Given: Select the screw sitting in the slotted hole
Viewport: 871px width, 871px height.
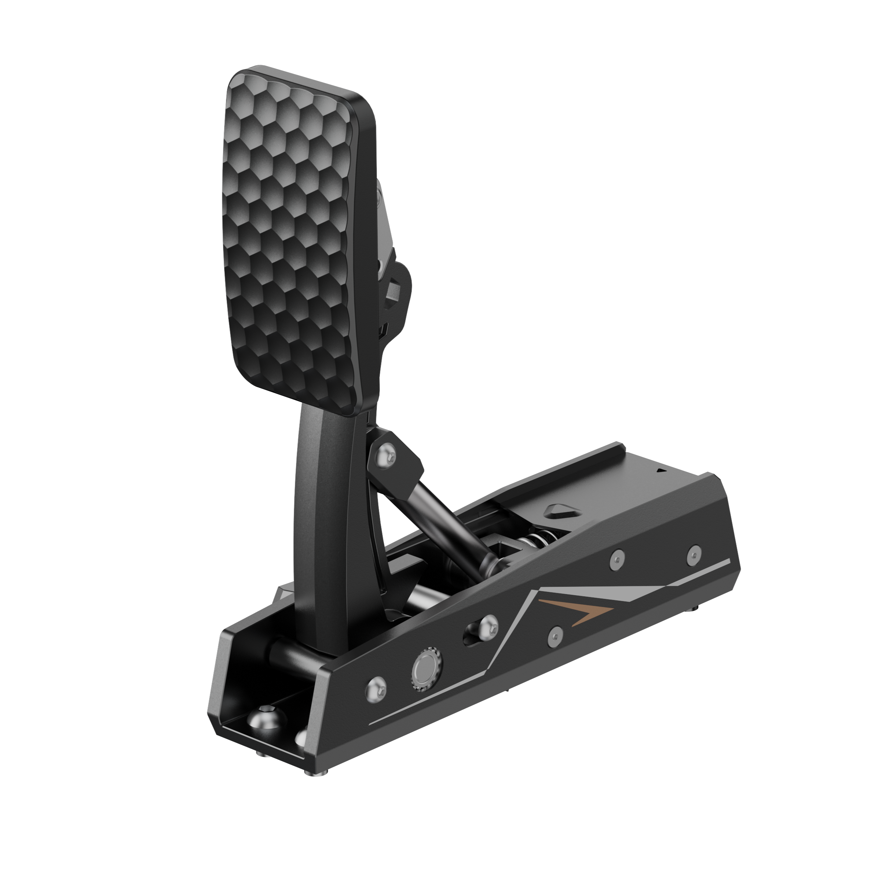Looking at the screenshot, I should pyautogui.click(x=487, y=626).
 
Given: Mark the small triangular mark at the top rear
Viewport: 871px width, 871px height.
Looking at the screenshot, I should pyautogui.click(x=661, y=470).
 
